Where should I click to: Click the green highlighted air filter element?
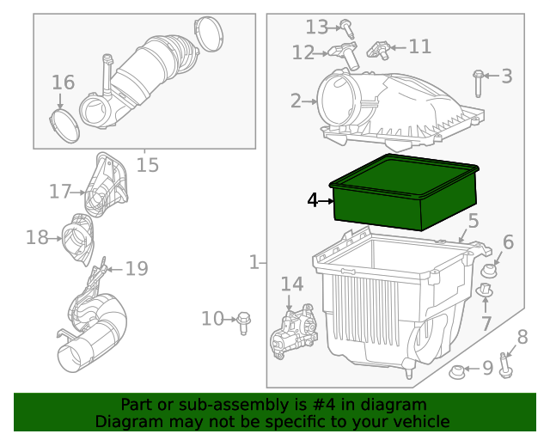click(404, 195)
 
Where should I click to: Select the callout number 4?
click(314, 200)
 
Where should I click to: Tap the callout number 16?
click(63, 82)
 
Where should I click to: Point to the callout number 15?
click(148, 164)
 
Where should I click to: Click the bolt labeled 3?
click(479, 82)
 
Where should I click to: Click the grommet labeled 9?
click(457, 371)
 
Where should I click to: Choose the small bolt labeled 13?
click(345, 26)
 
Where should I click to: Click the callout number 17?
click(58, 192)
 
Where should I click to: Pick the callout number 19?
click(137, 269)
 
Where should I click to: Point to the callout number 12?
click(302, 53)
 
